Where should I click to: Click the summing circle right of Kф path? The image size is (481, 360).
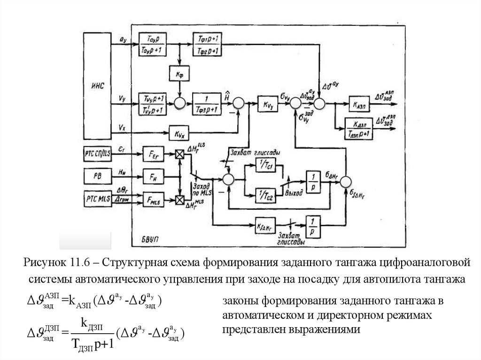click(x=179, y=103)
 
